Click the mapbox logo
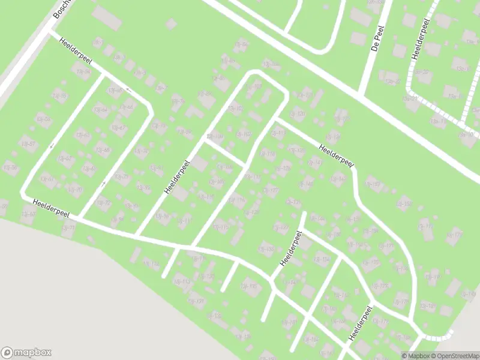(26, 353)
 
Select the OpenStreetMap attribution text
(454, 356)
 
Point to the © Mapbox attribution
(415, 356)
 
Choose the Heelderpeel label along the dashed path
(419, 38)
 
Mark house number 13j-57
(28, 143)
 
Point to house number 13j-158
(406, 205)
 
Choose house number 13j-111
(185, 221)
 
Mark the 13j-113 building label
(181, 281)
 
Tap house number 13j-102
(244, 134)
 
